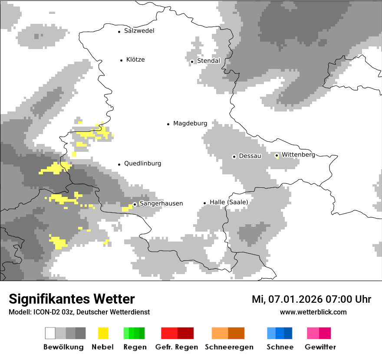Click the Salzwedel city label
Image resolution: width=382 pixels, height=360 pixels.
pos(139,31)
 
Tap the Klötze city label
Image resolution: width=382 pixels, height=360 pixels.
pos(135,60)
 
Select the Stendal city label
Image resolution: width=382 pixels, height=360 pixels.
pos(209,61)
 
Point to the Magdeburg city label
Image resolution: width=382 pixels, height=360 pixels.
pos(190,124)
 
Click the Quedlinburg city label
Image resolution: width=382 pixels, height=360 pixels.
pos(142,164)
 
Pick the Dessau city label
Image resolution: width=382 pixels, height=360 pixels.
pos(250,156)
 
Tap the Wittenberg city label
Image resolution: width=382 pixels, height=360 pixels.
pos(298,154)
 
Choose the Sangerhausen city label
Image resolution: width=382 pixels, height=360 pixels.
pos(161,203)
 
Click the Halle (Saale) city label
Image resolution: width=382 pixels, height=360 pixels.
pos(229,202)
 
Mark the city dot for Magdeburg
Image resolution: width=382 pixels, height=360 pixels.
pos(168,124)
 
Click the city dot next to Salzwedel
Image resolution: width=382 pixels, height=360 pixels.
pos(119,32)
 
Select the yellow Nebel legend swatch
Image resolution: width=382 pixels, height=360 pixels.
pos(103,333)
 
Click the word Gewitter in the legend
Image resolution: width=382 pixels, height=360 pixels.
pos(320,347)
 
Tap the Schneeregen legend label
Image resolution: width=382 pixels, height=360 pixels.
pos(229,347)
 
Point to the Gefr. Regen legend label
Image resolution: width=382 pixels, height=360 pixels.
pos(176,347)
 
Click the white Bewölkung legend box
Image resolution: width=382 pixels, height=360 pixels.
pos(50,333)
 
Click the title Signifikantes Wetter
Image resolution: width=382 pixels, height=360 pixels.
pos(72,299)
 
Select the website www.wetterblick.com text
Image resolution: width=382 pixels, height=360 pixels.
pos(313,312)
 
